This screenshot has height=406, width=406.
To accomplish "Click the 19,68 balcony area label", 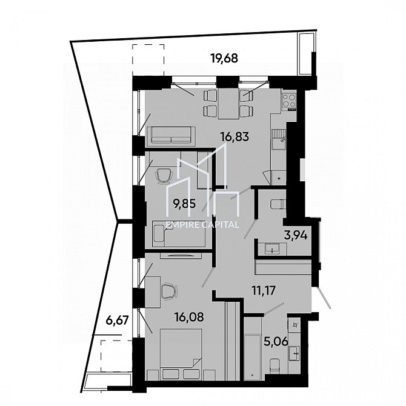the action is pos(224,59).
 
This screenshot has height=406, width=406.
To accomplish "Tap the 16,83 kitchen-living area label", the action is pos(235,136).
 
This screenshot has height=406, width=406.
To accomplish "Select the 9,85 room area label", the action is pos(185,204).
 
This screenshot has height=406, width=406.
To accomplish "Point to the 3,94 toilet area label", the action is pos(296,236).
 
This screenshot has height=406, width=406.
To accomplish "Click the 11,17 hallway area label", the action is pos(264,290).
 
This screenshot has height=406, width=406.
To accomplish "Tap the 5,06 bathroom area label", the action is pos(275,342).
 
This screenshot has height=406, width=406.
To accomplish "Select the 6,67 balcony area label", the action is pos(117,321).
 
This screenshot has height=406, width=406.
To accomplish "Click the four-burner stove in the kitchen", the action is pos(288,101).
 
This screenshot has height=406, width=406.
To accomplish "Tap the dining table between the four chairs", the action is pos(228,104).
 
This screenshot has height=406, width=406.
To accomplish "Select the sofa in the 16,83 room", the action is pos(171,135).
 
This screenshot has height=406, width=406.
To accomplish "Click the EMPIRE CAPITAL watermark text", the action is pos(202,225).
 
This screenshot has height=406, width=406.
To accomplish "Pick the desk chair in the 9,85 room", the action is pos(164,176).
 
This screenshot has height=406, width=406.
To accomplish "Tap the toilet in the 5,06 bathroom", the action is pos(275,367).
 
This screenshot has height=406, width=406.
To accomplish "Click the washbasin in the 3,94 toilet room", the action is pos(272,249).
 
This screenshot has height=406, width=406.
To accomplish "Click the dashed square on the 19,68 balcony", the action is pos(148,60).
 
